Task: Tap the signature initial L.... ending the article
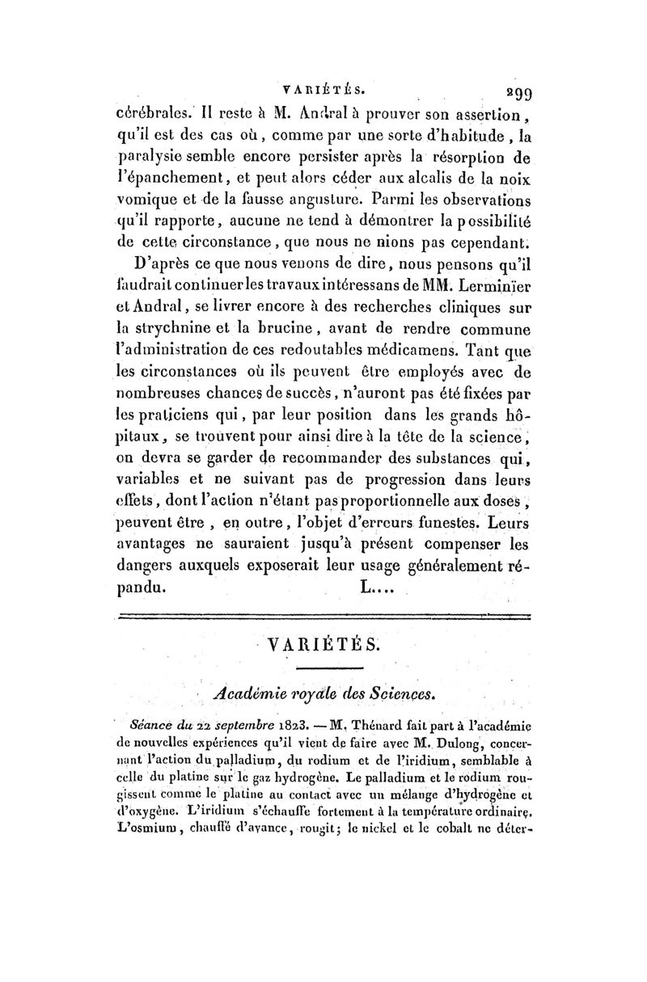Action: (374, 588)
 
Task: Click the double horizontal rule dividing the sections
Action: (323, 618)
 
